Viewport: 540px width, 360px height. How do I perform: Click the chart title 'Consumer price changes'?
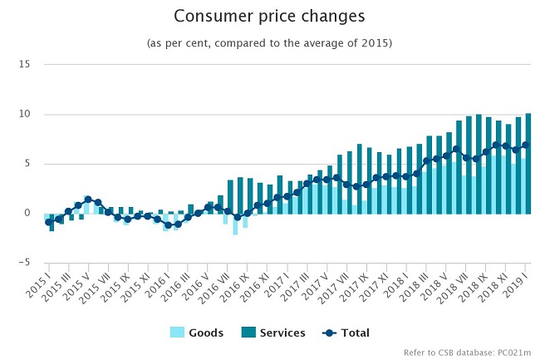tap(269, 16)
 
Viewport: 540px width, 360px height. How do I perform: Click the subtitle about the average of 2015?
tap(270, 43)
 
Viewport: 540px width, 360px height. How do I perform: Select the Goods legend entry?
tap(197, 333)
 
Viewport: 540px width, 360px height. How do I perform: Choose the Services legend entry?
tap(273, 333)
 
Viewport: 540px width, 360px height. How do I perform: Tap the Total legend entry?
tap(346, 333)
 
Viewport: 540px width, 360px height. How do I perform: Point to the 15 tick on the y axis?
tap(24, 64)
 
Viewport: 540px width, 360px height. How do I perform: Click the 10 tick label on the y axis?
tap(24, 114)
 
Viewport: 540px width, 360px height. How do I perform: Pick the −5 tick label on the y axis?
tap(24, 263)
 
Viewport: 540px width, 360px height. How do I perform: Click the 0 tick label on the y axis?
tap(27, 213)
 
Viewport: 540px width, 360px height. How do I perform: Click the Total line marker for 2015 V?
tap(88, 200)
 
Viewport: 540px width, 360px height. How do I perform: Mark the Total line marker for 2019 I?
tap(526, 145)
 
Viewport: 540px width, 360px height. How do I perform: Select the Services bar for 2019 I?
tap(528, 164)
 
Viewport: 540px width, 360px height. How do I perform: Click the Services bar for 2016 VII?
tap(230, 197)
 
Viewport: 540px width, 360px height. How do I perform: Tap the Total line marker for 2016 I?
tap(168, 225)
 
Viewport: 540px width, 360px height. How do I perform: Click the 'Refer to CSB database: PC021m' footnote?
tap(467, 353)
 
